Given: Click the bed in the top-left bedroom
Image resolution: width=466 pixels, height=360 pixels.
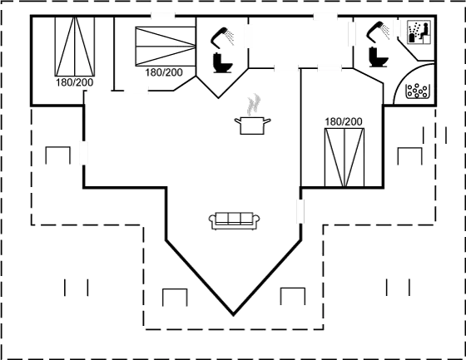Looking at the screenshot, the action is (x=75, y=47).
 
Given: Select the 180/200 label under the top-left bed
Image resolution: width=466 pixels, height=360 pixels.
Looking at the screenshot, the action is (x=75, y=82).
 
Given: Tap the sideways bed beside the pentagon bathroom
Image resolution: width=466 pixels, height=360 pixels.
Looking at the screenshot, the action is (x=166, y=46).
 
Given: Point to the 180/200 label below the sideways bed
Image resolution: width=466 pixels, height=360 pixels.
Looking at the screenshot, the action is (x=164, y=72).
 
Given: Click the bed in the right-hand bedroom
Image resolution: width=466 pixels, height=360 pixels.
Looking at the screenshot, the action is (x=345, y=157).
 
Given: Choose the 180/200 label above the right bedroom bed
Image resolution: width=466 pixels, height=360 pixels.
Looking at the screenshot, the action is (x=344, y=121).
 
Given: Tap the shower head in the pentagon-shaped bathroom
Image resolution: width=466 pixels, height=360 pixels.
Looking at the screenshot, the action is (x=222, y=37).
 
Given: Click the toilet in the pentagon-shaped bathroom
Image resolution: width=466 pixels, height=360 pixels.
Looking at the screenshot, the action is (x=223, y=62).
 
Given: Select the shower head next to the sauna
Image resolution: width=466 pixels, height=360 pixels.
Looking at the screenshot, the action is (x=379, y=32).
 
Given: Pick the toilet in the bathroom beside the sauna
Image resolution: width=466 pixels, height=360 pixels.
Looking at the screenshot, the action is (x=379, y=57).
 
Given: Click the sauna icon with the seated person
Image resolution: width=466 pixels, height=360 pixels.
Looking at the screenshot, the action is (x=419, y=32).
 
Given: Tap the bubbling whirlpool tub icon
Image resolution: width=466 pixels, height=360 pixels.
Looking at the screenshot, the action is (x=418, y=91).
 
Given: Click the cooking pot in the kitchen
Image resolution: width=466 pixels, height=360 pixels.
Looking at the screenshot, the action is (x=252, y=126).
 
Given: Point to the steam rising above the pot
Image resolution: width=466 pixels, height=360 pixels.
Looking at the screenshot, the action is (x=254, y=105).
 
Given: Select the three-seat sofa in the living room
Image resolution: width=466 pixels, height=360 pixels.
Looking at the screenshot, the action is (x=234, y=221).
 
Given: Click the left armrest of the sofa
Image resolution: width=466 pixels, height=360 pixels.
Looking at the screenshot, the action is (x=212, y=220).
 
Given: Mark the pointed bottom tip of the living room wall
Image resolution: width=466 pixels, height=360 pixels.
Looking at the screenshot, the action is (x=233, y=315).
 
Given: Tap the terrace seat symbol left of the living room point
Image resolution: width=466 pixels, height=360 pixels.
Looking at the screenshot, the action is (x=175, y=297).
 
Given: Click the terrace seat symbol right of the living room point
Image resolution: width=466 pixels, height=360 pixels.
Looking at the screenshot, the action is (x=293, y=296).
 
